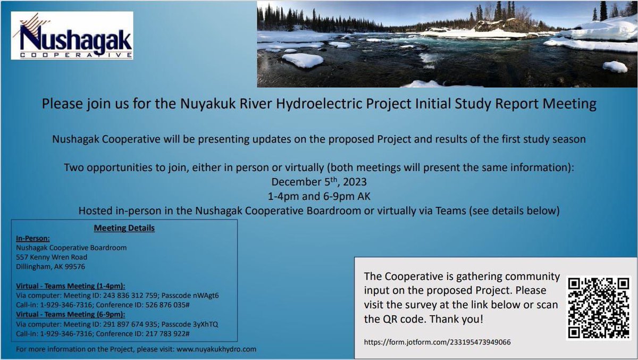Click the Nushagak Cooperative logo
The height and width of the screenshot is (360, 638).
pos(72,35)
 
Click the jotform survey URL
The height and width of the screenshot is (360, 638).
pos(437,342)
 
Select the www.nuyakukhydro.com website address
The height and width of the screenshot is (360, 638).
pos(216,349)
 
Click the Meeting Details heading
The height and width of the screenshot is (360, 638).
pos(124,228)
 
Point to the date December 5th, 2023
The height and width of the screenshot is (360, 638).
pos(319,182)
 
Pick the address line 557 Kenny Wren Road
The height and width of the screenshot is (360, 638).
pos(52,257)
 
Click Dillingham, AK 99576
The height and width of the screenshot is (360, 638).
pos(51,267)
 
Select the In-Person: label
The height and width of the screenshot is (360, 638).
pos(33,239)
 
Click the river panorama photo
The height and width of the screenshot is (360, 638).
pos(447,44)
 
